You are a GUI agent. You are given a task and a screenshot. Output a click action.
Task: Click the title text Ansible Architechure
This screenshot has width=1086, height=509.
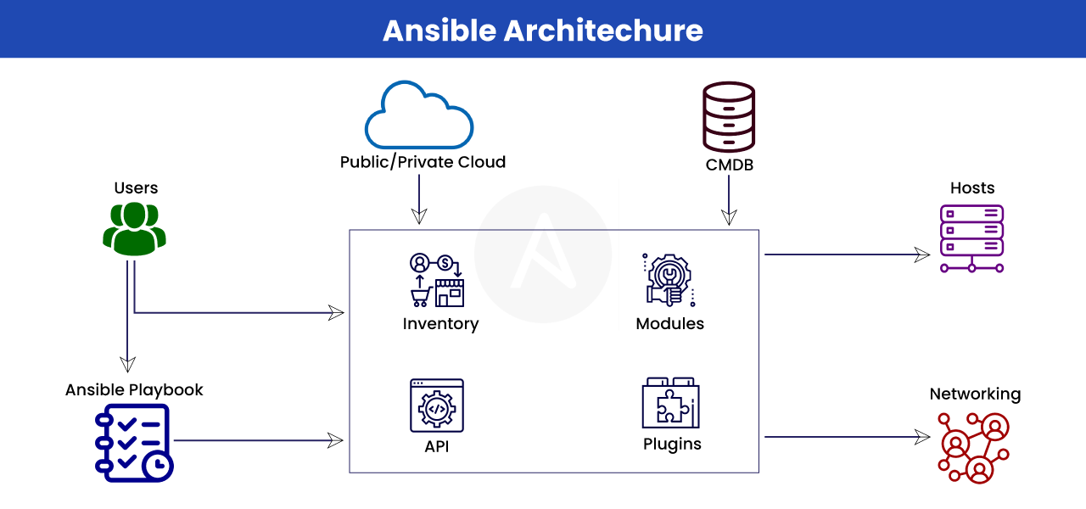pos(543,30)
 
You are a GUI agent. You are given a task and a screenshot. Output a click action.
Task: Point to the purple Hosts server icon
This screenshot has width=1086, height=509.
pos(971,238)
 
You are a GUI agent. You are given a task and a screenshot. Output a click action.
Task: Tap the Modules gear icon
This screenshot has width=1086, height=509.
pos(669,279)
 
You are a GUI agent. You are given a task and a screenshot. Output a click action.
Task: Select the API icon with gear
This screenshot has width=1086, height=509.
pos(437,406)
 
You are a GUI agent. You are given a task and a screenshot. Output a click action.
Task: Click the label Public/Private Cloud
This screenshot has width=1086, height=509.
pos(423,162)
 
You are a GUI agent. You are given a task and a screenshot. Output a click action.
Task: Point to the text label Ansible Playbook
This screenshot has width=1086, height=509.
pos(134,390)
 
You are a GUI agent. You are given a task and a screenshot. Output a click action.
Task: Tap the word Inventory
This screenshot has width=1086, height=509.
pos(440,324)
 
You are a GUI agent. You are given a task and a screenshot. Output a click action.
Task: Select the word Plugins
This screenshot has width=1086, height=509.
pos(672,444)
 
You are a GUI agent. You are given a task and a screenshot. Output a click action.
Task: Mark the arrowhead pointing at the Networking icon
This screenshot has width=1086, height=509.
pos(922,437)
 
